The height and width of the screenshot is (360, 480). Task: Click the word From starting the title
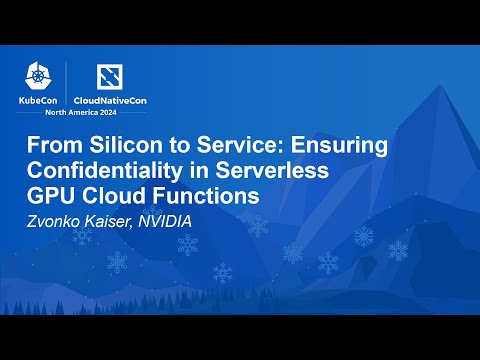(52, 145)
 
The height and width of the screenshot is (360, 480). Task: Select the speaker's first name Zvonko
(54, 219)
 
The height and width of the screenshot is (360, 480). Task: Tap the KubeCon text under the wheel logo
(38, 100)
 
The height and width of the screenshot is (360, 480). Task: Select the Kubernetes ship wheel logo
(39, 74)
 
